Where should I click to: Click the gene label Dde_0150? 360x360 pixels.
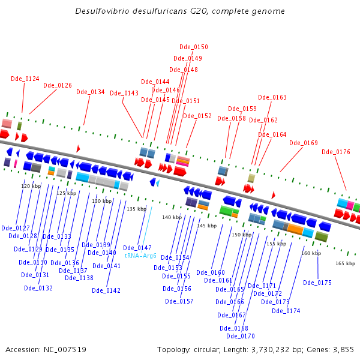(x=194, y=47)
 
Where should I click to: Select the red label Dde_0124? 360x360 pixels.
(x=25, y=79)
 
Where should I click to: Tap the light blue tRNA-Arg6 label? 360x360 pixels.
(x=140, y=256)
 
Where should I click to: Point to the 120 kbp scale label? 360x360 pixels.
(x=31, y=186)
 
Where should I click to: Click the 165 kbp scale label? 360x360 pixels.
(x=346, y=263)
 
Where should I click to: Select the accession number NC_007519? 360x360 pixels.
(x=65, y=350)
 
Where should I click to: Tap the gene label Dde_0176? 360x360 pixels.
(x=336, y=152)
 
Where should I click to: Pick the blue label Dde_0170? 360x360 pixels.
(x=241, y=336)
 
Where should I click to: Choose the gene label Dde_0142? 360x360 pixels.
(x=106, y=290)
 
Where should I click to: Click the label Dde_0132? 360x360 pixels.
(x=38, y=288)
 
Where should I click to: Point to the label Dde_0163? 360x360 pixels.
(x=272, y=97)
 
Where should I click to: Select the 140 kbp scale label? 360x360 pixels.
(x=172, y=217)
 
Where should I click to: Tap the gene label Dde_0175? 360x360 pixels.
(x=317, y=283)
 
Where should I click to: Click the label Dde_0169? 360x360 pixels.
(x=304, y=143)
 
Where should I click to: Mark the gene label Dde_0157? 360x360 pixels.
(x=179, y=301)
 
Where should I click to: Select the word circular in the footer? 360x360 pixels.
(x=207, y=350)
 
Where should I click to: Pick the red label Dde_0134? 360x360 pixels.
(x=91, y=92)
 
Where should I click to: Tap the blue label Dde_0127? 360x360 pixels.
(x=16, y=228)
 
